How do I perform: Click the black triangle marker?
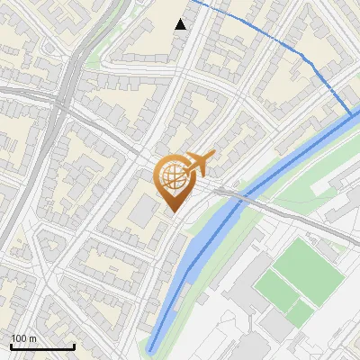[181, 24]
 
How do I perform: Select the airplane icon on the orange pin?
[198, 164]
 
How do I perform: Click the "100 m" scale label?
[23, 338]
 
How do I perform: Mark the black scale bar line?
[42, 346]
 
